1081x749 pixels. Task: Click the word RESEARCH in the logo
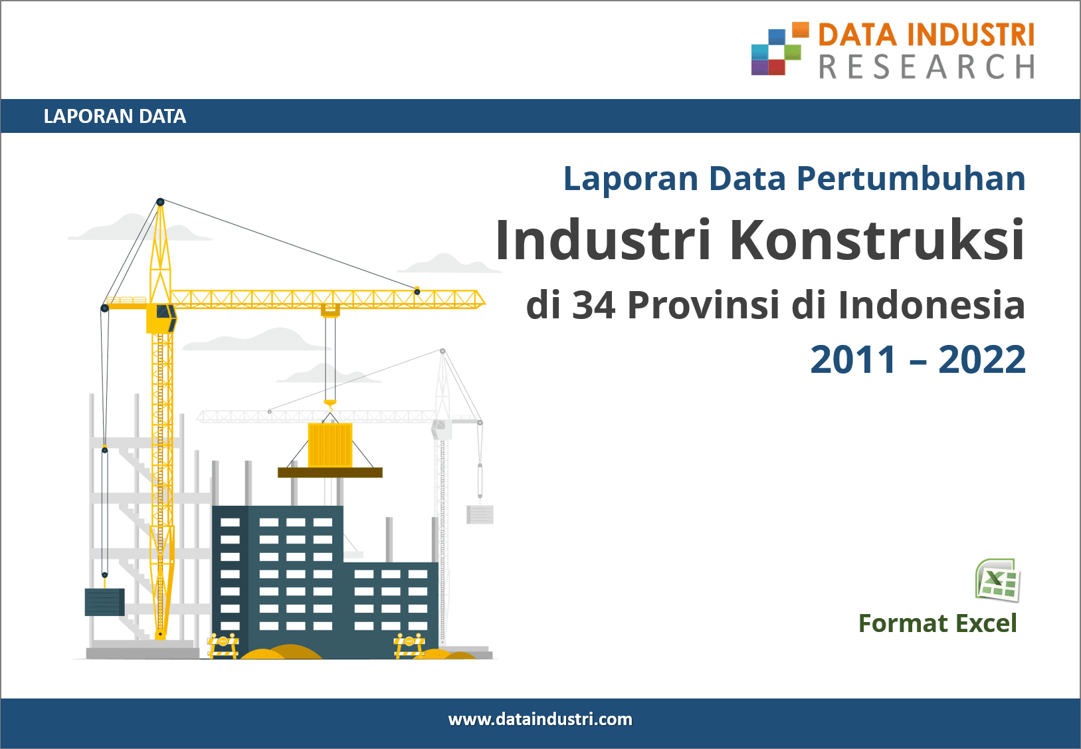pos(927,66)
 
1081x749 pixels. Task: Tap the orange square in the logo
pos(801,29)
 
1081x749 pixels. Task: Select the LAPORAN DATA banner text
pos(115,116)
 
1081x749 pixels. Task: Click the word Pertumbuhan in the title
pos(911,179)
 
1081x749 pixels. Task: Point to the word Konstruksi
pos(877,239)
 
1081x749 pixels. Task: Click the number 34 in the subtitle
pos(593,305)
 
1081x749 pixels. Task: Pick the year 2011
pos(852,360)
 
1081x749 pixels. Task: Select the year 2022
pos(981,360)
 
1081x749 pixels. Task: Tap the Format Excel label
pos(937,623)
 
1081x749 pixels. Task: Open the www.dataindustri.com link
pos(540,720)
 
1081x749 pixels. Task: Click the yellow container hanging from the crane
pos(330,445)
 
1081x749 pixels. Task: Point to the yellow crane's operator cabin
pos(161,318)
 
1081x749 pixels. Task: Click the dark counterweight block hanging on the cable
pos(105,602)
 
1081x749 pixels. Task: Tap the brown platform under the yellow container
pos(330,473)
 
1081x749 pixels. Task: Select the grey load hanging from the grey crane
pos(480,514)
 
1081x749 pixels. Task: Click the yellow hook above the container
pos(330,405)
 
